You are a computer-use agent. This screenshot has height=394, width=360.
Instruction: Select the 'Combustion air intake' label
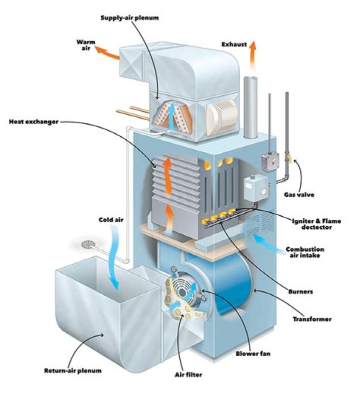tap(304, 253)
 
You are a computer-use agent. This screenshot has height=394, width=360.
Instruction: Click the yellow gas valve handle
tap(288, 159)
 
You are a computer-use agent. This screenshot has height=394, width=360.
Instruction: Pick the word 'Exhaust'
tap(234, 45)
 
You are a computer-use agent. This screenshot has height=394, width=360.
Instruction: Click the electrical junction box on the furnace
tap(267, 161)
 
